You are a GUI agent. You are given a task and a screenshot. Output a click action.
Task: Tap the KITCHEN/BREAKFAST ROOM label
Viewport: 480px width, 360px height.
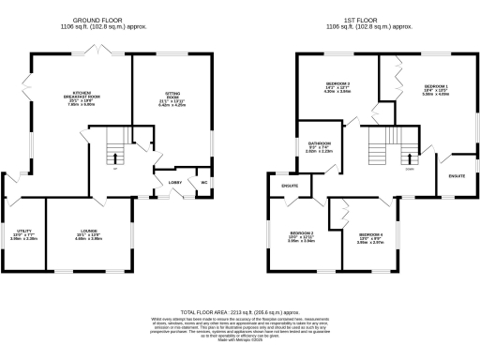tap(82, 98)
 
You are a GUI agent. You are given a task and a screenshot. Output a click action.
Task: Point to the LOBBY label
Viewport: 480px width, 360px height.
tap(174, 183)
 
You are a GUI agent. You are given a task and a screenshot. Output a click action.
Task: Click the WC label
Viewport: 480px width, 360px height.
tap(203, 182)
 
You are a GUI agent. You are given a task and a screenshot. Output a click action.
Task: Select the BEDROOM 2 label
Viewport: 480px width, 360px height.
tap(301, 234)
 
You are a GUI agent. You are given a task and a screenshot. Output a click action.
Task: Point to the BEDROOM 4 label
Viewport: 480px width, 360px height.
tap(368, 236)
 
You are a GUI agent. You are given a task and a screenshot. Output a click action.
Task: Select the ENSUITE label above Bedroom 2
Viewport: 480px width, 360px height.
tap(290, 187)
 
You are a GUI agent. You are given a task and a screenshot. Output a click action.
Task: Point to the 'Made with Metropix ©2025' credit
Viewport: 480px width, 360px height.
tap(239, 339)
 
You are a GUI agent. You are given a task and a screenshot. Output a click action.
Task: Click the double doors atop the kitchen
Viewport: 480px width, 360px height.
tap(94, 50)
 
